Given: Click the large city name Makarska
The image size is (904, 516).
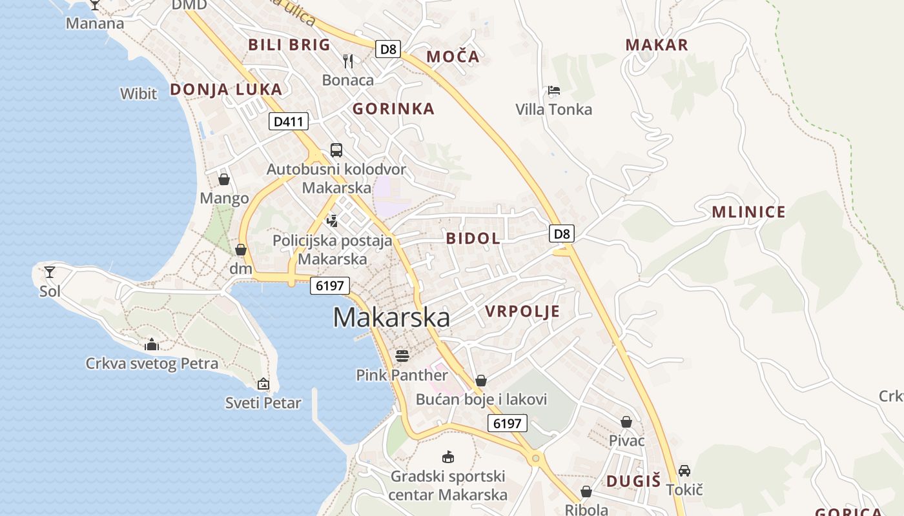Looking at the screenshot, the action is [x=391, y=317].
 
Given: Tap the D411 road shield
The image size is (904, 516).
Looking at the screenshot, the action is [x=289, y=121].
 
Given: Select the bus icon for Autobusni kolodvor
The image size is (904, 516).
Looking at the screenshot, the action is [x=336, y=150].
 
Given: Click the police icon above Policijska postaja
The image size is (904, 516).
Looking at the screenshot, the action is [x=333, y=221].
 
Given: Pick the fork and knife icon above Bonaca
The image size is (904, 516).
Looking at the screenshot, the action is [x=348, y=61].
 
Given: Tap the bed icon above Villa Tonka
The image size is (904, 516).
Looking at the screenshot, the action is [x=553, y=90].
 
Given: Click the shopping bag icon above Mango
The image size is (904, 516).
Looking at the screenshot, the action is [x=224, y=179].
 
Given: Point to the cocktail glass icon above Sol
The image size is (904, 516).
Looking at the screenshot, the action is [x=50, y=272].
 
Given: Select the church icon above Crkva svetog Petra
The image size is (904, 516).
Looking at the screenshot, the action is [x=152, y=344].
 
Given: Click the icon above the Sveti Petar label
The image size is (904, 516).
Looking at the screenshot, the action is [x=263, y=384].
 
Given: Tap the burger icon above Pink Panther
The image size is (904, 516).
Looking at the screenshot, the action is [x=402, y=356].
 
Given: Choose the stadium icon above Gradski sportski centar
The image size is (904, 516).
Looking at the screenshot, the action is [x=448, y=457].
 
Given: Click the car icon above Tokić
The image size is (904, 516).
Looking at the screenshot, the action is [x=684, y=471].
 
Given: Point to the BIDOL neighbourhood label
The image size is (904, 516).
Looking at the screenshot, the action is [x=473, y=238].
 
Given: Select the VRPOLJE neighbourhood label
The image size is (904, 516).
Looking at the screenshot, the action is [x=522, y=312].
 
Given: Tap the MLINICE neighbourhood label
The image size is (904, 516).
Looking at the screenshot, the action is [x=748, y=212].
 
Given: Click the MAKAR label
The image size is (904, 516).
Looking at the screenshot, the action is [x=657, y=45].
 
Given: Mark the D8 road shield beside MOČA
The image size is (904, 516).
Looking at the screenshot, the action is [x=389, y=49].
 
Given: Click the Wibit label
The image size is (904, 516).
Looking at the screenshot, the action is [x=138, y=94].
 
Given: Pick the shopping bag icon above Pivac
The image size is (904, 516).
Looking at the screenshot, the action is [x=626, y=422].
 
